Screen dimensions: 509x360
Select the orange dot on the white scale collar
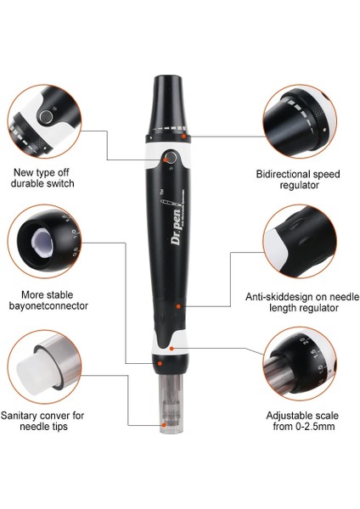tap(172, 347)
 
